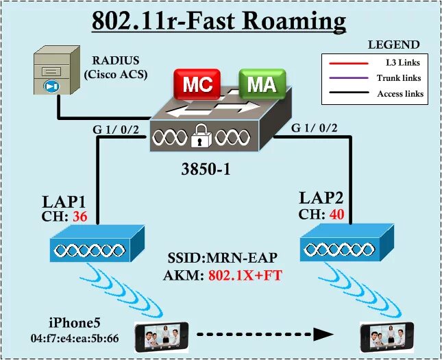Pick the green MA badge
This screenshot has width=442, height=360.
coord(261,84)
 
